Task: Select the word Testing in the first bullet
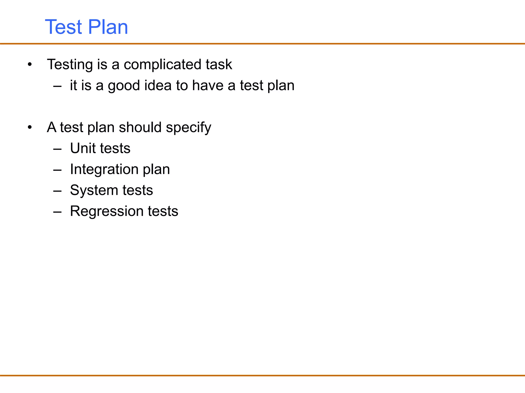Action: pos(70,64)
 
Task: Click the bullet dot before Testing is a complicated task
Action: pos(30,64)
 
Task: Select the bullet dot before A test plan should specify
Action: pos(30,127)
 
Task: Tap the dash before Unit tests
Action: pos(57,149)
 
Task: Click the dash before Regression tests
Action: pos(57,212)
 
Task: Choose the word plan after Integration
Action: pos(156,170)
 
